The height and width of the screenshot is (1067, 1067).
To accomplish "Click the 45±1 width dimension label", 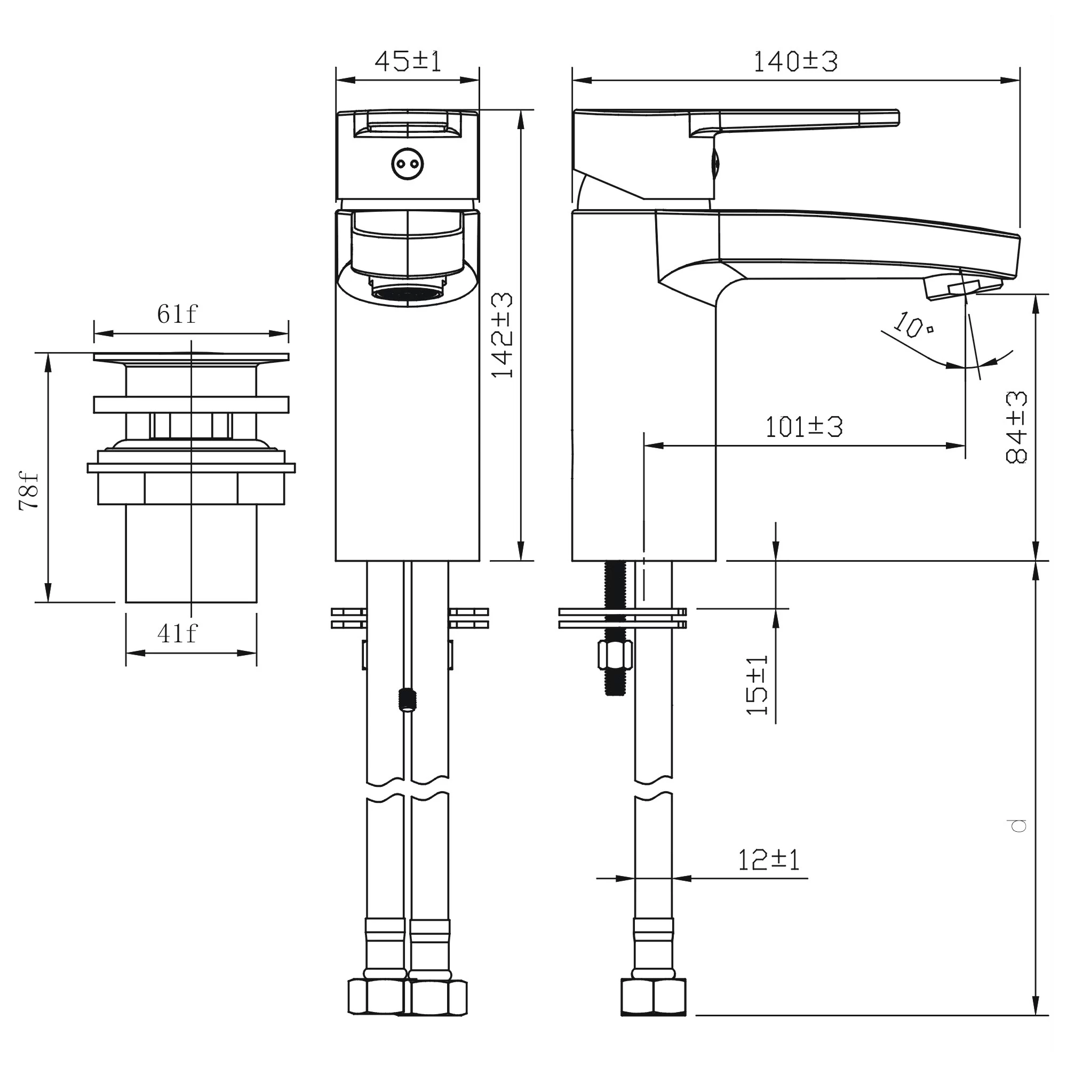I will coord(408,61).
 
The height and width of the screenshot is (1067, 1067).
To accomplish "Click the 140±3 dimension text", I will coord(795,61).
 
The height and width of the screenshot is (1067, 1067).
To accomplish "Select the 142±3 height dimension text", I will coord(502,335).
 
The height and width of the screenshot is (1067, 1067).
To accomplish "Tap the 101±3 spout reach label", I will coord(803,427).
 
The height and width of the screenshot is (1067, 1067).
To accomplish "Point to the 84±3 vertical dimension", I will coord(1016,426).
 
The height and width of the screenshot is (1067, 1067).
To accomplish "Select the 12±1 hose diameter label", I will coord(768,860).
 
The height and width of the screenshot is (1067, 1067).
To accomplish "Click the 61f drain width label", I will coord(177,314).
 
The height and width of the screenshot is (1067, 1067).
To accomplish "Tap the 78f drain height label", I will coord(29,490).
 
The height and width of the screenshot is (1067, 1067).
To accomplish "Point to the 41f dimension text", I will coord(177,633).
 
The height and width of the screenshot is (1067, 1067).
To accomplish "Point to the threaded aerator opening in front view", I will coord(408,293).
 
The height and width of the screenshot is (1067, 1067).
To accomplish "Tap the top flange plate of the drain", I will coord(191,358).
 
